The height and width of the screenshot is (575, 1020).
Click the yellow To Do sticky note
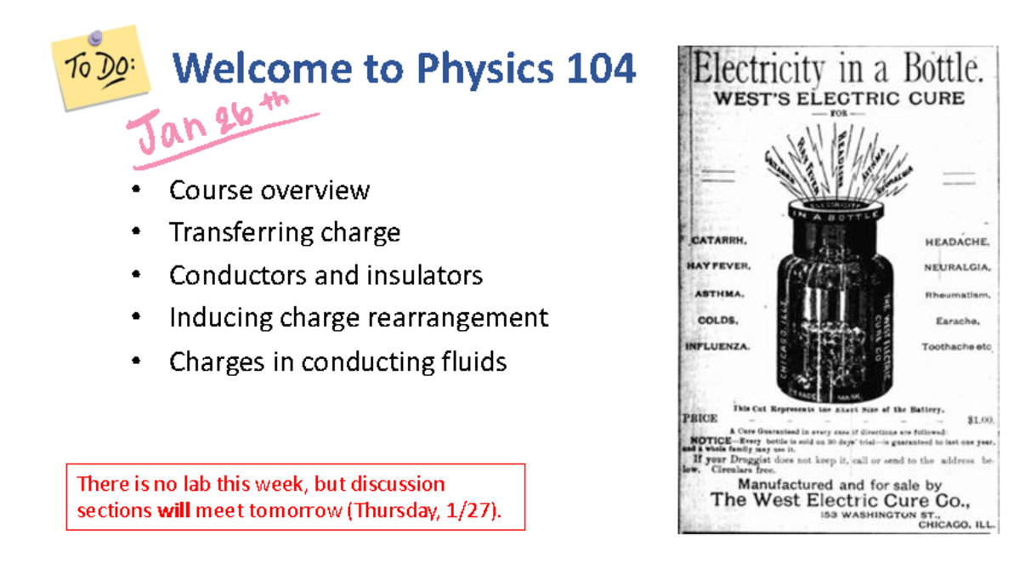tap(100, 68)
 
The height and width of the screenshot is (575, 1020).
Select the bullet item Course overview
tap(269, 190)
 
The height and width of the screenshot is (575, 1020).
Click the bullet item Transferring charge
tap(284, 232)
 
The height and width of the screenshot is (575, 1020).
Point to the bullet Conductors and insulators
tap(326, 276)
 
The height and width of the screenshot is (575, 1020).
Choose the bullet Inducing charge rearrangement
tap(358, 318)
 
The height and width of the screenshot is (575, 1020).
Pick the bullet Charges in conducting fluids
tap(337, 362)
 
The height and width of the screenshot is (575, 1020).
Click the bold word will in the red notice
tap(174, 511)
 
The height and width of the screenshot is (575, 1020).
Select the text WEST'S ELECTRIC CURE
tap(838, 98)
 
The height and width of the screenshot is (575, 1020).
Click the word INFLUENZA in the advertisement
tap(717, 347)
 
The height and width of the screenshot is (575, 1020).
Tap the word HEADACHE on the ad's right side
tap(957, 242)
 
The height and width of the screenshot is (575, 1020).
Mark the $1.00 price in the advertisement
tap(980, 419)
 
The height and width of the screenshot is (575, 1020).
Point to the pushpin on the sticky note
tap(95, 37)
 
